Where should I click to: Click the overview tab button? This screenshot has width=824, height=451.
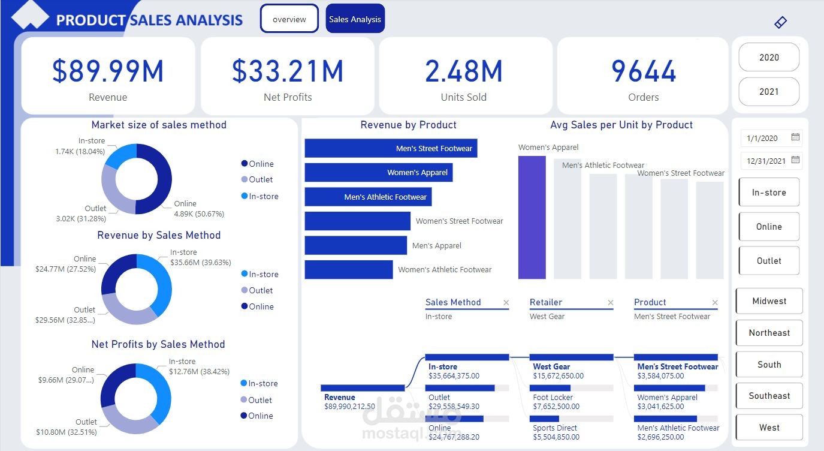tap(289, 19)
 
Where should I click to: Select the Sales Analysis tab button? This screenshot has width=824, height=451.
tap(355, 19)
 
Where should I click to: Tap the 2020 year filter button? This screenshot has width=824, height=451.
tap(769, 58)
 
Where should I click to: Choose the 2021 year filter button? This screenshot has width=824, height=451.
tap(769, 92)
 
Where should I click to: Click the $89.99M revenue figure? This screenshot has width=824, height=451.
tap(108, 71)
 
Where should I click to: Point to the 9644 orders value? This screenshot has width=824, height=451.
tap(644, 71)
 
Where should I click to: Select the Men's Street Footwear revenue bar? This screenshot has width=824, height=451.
tap(391, 148)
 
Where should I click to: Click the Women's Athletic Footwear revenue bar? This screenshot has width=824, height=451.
tap(349, 270)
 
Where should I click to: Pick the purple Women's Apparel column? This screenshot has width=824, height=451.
tap(532, 218)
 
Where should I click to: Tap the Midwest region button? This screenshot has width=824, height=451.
tap(769, 301)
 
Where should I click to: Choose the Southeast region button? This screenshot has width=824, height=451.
tap(769, 396)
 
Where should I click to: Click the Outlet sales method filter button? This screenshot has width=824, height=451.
tap(769, 261)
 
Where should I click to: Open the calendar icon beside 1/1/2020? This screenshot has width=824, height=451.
tap(795, 137)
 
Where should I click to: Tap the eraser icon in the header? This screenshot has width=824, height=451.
tap(780, 22)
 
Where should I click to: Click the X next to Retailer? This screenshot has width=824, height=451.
tap(611, 303)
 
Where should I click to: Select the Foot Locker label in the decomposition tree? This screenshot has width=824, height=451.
tap(553, 397)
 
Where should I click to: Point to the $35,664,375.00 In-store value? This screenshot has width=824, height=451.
tap(454, 376)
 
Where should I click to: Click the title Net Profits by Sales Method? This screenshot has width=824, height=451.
tap(158, 344)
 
